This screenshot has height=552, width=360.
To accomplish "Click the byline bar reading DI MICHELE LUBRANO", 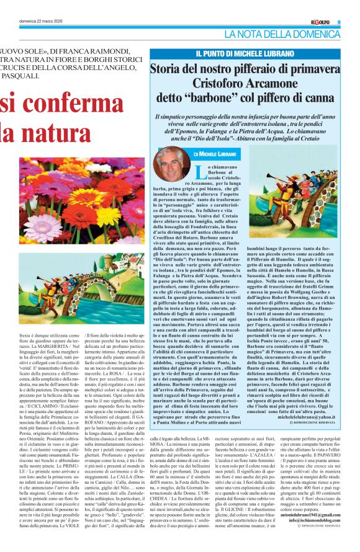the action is tap(214, 153).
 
